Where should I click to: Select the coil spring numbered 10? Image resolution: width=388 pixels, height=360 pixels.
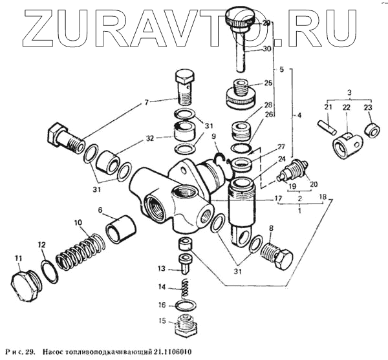click(78, 252)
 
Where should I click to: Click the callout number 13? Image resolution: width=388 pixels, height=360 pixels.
click(162, 268)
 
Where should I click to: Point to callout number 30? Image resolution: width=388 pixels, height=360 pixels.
click(267, 48)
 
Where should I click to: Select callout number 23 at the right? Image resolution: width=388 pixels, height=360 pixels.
click(368, 107)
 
